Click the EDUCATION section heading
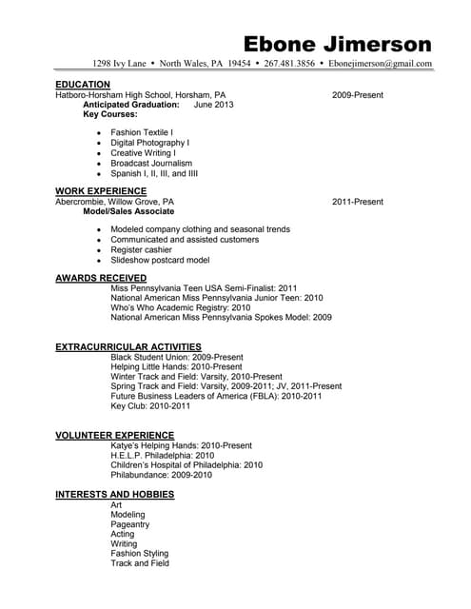coord(83,85)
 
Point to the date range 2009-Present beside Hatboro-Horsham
coord(358,95)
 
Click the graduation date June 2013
coord(213,105)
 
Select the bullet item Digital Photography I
coord(149,143)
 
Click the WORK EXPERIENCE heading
coord(100,191)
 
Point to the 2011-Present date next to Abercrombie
coord(358,202)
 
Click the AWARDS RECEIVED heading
coord(101,278)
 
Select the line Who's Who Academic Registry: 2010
coord(181,307)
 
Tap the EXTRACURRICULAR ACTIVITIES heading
coord(128,346)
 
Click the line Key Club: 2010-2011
coord(150,405)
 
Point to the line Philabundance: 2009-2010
coord(161,474)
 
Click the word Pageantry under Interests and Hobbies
coord(130,523)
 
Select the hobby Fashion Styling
coord(139,553)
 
